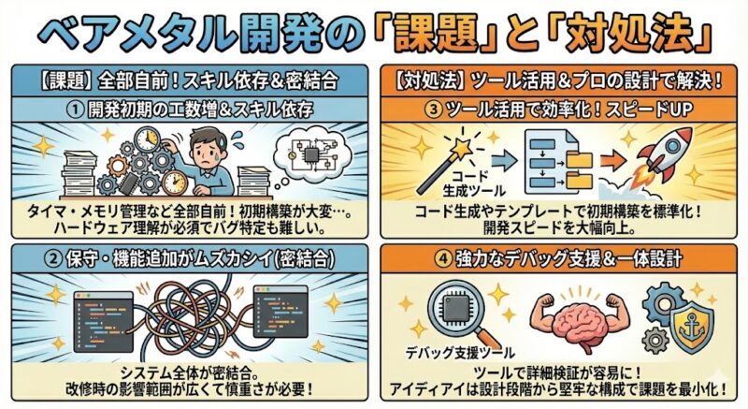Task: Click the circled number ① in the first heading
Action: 75,110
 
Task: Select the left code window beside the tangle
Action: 104,322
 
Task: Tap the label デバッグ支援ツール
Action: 460,353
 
